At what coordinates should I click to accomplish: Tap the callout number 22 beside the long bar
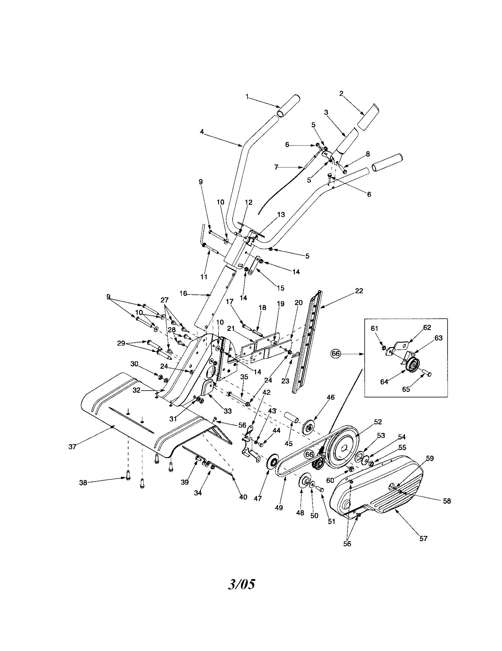[359, 291]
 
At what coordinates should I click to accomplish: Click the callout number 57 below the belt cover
[423, 538]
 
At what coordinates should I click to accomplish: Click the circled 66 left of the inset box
[336, 354]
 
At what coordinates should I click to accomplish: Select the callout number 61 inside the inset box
[374, 328]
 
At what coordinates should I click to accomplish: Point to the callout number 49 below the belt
[279, 507]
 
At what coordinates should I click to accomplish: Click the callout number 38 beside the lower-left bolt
[83, 483]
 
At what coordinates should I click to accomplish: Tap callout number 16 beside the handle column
[183, 294]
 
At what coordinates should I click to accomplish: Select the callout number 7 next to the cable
[276, 167]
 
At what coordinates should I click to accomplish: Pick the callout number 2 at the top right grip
[341, 94]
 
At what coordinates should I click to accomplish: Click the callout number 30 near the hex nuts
[134, 364]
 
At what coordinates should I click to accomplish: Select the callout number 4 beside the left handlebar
[202, 131]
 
